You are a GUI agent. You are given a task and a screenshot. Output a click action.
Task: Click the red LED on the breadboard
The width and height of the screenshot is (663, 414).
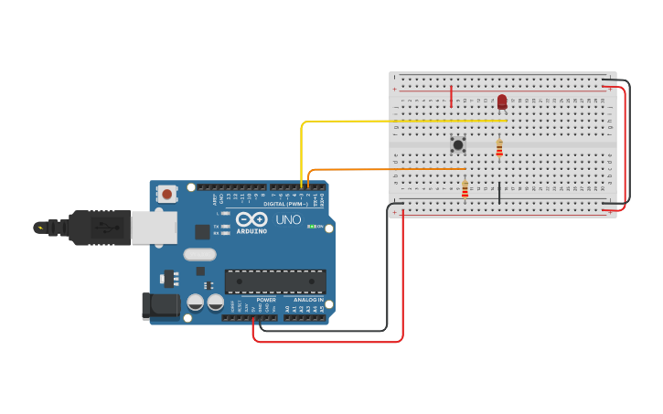(502, 101)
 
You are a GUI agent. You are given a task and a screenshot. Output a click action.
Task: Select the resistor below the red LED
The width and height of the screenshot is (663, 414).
(499, 146)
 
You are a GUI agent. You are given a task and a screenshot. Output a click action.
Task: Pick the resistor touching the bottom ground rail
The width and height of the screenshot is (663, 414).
(465, 189)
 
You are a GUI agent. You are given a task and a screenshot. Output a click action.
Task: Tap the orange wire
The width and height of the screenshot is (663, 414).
(384, 169)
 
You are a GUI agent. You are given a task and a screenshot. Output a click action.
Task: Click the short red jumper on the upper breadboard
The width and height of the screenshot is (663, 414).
(451, 96)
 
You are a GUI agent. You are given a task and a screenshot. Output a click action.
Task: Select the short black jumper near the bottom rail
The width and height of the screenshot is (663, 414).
(499, 193)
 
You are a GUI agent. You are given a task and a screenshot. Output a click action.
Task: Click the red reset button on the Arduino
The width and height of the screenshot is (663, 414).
(166, 194)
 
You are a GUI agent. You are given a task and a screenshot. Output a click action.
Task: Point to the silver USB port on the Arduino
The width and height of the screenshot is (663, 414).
(154, 228)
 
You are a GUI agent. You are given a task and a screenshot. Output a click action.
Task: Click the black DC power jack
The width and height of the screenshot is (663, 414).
(159, 306)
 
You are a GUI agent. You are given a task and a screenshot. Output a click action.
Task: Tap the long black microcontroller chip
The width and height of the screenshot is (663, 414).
(275, 281)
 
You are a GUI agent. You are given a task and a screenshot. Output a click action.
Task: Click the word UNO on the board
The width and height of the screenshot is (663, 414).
(288, 220)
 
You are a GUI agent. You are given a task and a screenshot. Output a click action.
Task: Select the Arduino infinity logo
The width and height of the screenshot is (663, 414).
(251, 219)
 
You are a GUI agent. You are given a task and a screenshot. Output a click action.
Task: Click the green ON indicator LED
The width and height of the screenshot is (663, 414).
(312, 227)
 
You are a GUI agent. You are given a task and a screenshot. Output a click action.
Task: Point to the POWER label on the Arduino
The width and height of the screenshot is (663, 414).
(266, 300)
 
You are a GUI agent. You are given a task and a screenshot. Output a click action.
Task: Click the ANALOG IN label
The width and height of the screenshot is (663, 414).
(308, 300)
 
